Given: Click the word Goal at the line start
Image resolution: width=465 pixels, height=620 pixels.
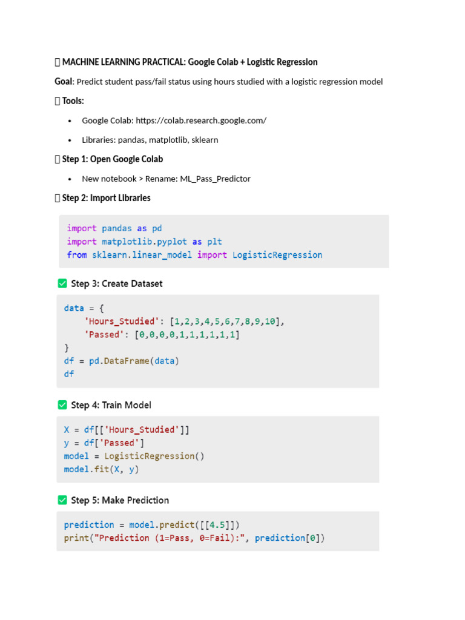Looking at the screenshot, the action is pyautogui.click(x=64, y=82).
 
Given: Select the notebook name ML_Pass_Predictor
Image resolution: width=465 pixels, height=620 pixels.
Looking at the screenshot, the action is pyautogui.click(x=215, y=179).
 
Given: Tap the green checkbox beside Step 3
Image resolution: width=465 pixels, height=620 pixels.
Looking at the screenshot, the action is pyautogui.click(x=62, y=283).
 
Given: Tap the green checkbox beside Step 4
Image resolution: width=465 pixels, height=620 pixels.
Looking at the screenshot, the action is pyautogui.click(x=62, y=405).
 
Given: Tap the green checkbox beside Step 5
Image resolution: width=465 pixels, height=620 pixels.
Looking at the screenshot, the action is pyautogui.click(x=62, y=500).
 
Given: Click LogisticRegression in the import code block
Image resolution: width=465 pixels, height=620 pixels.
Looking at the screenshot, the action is pyautogui.click(x=277, y=255).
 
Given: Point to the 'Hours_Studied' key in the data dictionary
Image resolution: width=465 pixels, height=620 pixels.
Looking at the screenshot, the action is pyautogui.click(x=119, y=322).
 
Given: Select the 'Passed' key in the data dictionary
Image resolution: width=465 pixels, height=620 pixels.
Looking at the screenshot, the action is pyautogui.click(x=104, y=334).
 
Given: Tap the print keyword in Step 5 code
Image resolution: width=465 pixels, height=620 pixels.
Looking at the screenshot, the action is pyautogui.click(x=76, y=538).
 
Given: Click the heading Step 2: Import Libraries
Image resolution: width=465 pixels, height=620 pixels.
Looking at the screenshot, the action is pyautogui.click(x=107, y=198).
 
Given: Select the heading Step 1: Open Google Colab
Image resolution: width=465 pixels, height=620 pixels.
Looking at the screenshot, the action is pyautogui.click(x=113, y=159).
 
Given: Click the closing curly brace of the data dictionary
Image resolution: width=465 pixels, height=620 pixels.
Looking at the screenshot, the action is pyautogui.click(x=67, y=348).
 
